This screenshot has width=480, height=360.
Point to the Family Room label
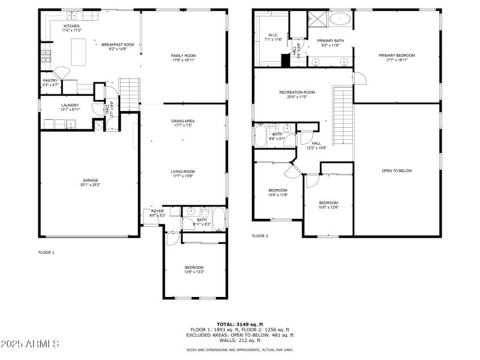coord(183,55)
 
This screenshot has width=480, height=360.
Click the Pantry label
coord(50,80)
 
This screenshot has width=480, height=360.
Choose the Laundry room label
coord(70,105)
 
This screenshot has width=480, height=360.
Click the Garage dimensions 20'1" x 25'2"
coord(91,185)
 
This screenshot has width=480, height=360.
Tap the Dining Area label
coord(183,121)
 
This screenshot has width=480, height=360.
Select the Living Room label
coord(183,172)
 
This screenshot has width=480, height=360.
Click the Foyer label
coord(157,211)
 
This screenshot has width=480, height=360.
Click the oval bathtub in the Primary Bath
coord(340,19)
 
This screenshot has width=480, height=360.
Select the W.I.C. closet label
coord(272,35)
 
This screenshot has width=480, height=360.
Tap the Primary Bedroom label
coord(396,55)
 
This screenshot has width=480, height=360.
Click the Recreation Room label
coord(296,92)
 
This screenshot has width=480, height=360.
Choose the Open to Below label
coord(397,171)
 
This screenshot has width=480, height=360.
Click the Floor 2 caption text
coord(260,236)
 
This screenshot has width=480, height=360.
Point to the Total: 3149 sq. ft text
coord(239,324)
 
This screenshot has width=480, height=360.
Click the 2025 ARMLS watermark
coord(30,344)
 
